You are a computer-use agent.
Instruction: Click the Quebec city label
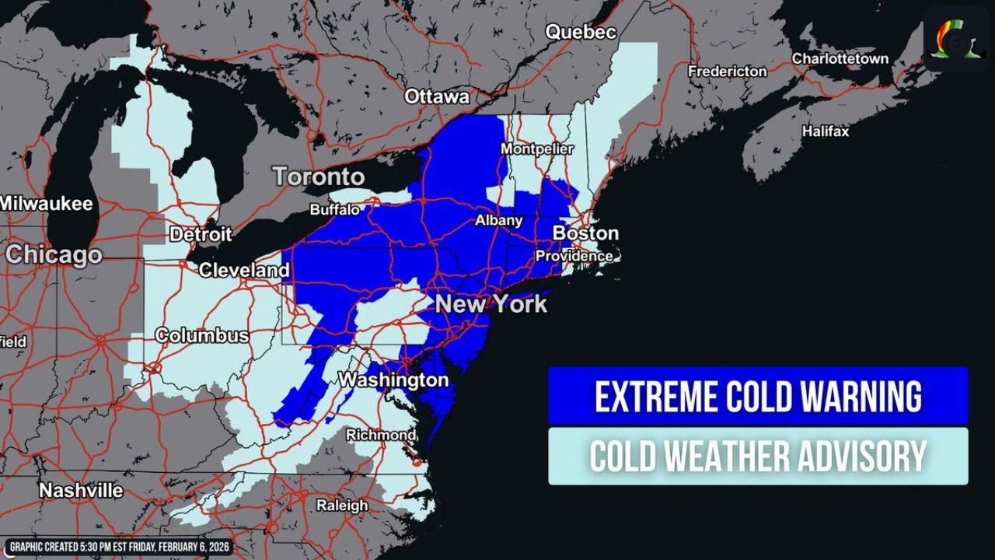coord(581,33)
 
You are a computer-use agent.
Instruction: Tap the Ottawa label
coord(437,97)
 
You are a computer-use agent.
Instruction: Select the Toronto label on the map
coord(319,177)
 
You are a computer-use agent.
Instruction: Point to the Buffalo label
coord(335,210)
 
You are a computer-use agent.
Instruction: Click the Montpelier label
coord(537,149)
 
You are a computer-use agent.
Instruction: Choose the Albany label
coord(499,221)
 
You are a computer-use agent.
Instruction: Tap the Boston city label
coord(585,233)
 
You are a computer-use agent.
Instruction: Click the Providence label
coord(574,256)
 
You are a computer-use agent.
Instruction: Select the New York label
coord(491,304)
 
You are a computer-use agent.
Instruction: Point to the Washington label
coord(394,380)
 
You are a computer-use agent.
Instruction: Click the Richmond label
coord(381,435)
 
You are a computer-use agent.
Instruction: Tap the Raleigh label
coord(342,506)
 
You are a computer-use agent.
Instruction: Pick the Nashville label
coord(81,491)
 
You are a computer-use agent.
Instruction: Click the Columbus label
coord(202,336)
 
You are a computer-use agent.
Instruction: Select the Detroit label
coord(201,234)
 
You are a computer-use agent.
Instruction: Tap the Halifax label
coord(826,131)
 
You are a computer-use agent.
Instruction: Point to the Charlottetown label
coord(840,59)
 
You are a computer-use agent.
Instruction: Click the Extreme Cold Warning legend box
coord(758,396)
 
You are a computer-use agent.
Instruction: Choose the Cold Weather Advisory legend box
coord(758,456)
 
